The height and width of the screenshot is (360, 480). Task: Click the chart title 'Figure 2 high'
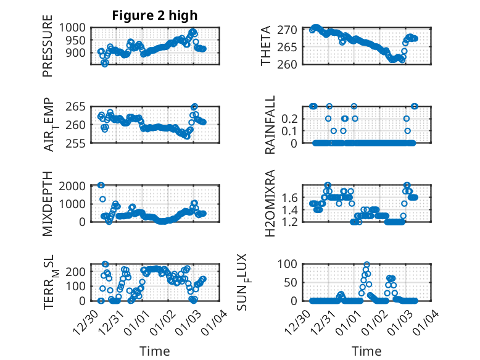point(155,15)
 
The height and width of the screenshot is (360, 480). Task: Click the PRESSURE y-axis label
point(48,51)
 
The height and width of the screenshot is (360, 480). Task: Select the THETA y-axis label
point(266,47)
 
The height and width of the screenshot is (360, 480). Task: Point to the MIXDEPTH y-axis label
point(48,204)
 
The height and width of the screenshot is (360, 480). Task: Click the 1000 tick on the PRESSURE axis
point(76,27)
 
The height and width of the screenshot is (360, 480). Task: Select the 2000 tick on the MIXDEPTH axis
point(76,185)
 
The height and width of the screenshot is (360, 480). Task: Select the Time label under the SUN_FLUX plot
point(366,351)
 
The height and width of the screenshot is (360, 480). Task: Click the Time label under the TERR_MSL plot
point(155,351)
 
